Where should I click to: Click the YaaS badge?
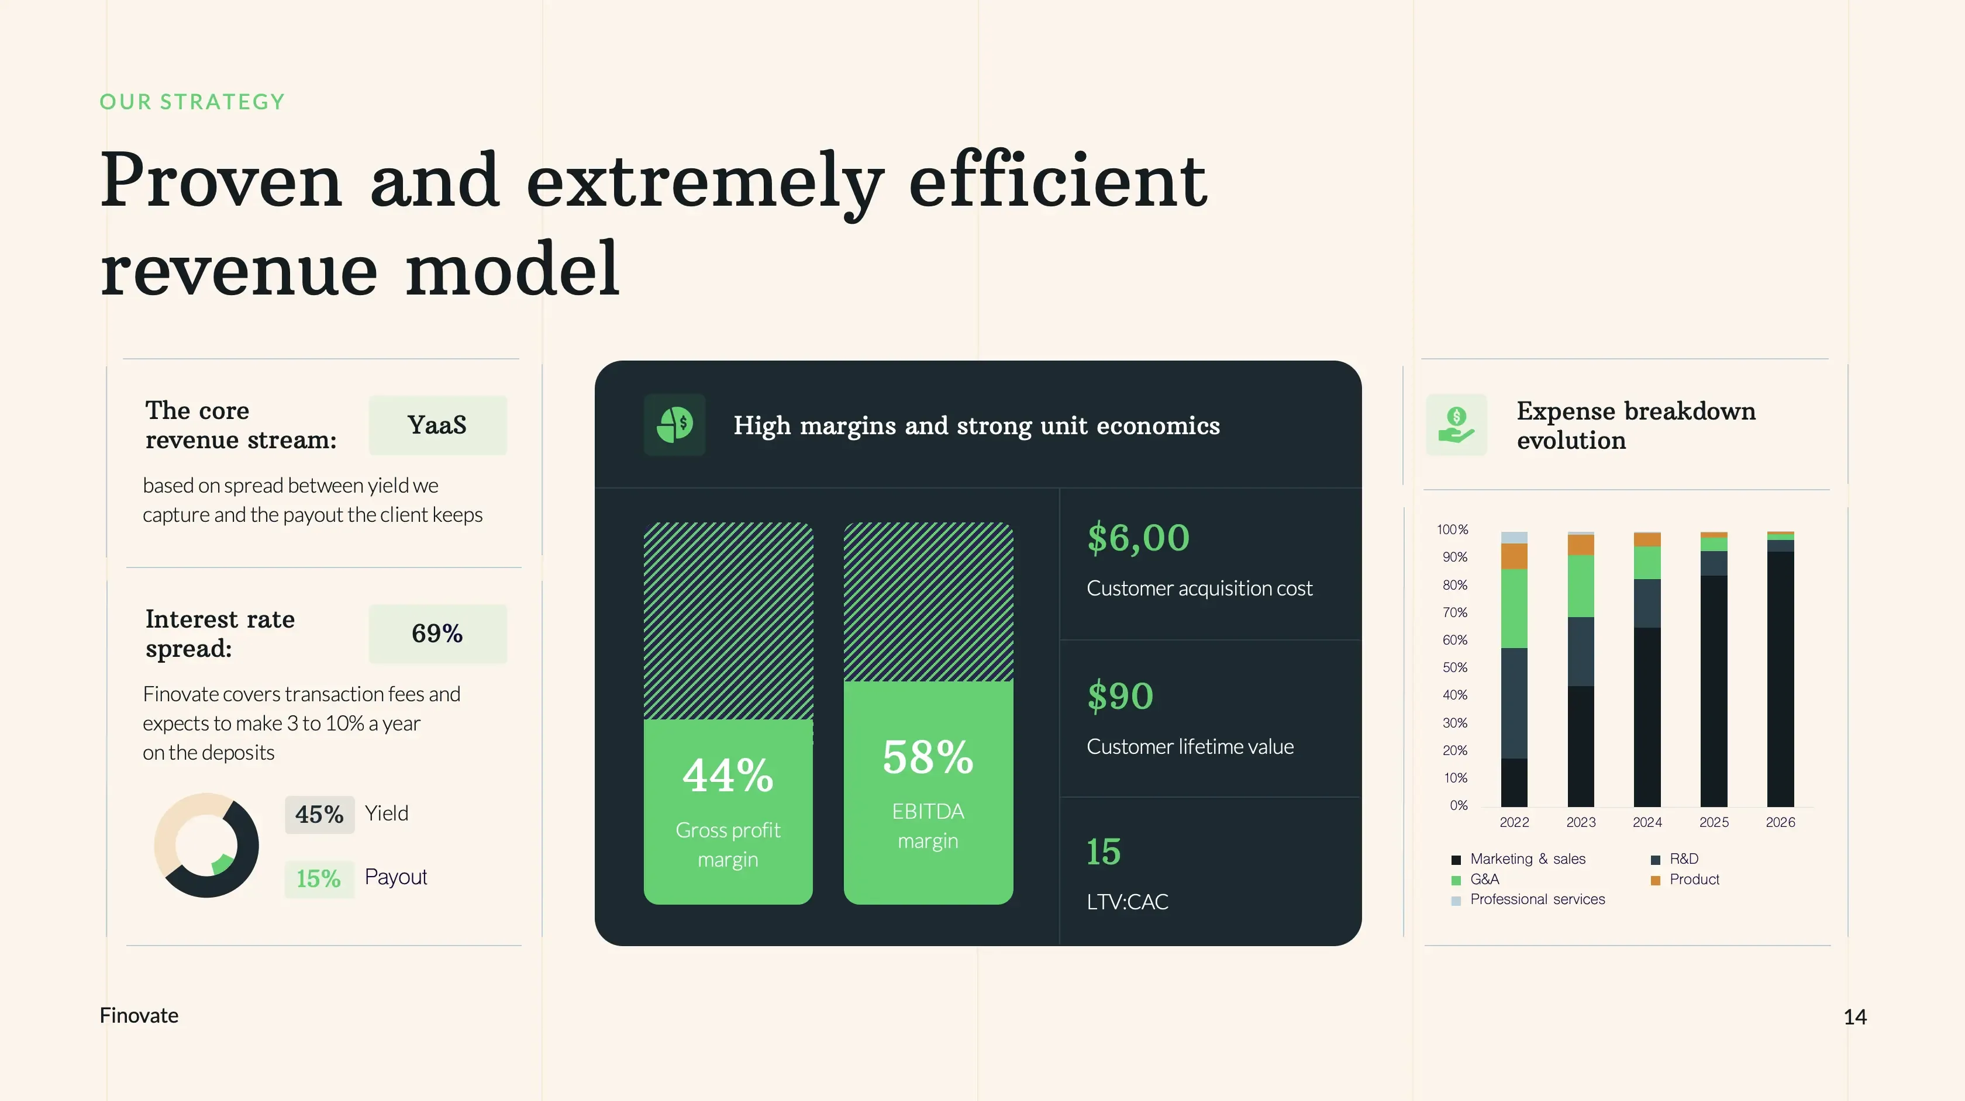click(x=437, y=425)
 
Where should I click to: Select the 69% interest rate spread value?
click(x=437, y=633)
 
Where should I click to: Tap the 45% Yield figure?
click(x=320, y=814)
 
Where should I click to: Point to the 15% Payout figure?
click(x=319, y=878)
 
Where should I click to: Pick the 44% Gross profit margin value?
click(x=728, y=775)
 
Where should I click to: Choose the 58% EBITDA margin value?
click(x=928, y=757)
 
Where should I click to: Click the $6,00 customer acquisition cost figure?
click(x=1138, y=538)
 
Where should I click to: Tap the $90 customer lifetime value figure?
click(x=1120, y=695)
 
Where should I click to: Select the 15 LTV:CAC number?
click(x=1104, y=851)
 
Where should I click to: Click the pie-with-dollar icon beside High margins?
click(x=674, y=425)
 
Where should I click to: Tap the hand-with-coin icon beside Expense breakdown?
click(x=1456, y=425)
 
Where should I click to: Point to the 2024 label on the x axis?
click(x=1647, y=822)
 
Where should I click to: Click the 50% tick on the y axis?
click(x=1454, y=667)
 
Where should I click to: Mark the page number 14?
click(x=1855, y=1016)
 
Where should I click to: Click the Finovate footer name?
click(x=139, y=1016)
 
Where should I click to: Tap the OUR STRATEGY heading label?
click(x=192, y=102)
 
